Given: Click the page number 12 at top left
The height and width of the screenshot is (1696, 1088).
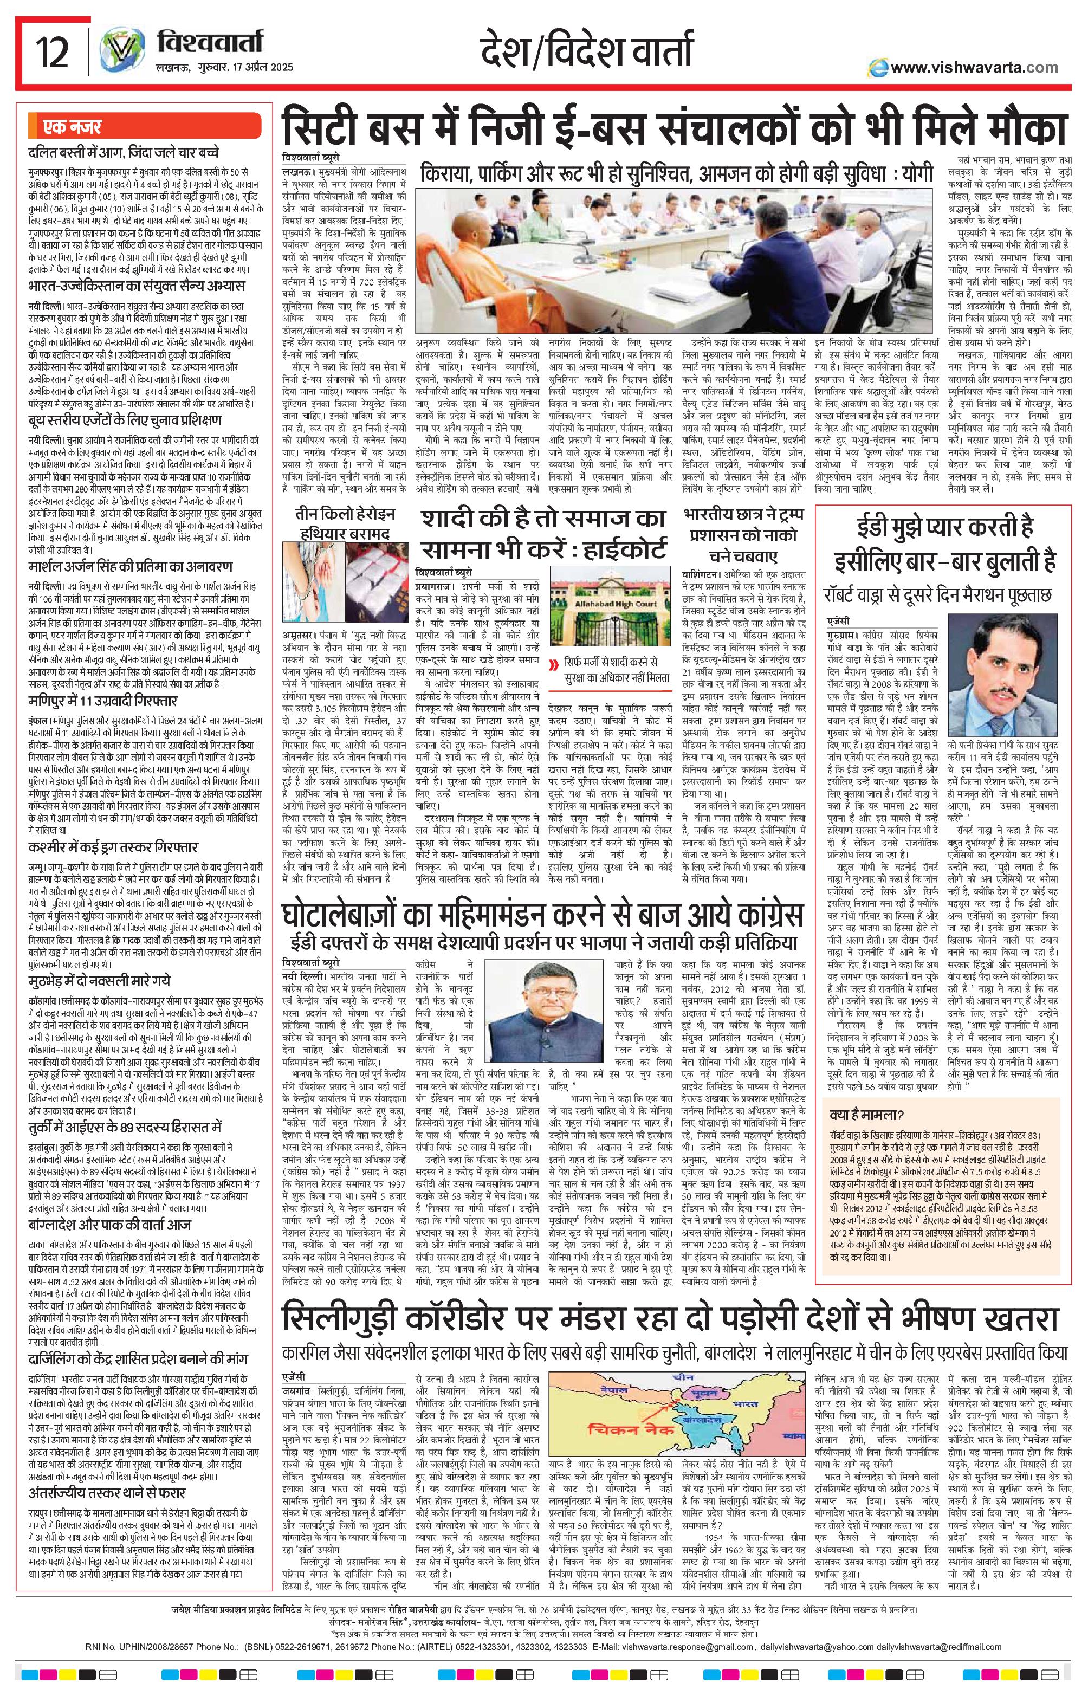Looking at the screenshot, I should (53, 54).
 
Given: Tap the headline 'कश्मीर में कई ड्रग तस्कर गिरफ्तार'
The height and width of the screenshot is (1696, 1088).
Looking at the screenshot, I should (113, 846).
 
